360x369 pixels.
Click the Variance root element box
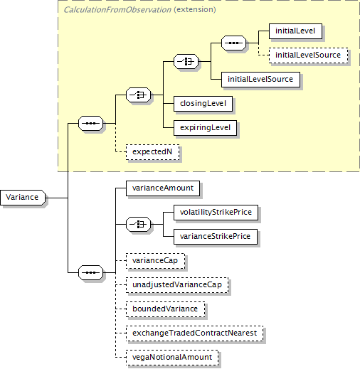[x=23, y=198]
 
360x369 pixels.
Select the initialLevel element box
[x=295, y=31]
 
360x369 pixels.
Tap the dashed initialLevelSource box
[x=308, y=55]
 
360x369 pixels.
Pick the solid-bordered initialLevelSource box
[x=260, y=80]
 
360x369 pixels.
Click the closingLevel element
[x=203, y=104]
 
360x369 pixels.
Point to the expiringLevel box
[x=205, y=128]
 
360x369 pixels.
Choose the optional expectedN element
[x=152, y=152]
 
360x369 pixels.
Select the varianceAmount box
[x=163, y=188]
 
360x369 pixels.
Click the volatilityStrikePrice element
[x=216, y=213]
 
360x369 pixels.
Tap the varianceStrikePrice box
[x=216, y=237]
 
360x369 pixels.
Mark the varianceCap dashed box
[x=155, y=261]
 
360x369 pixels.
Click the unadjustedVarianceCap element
[x=177, y=285]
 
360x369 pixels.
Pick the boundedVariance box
[x=165, y=309]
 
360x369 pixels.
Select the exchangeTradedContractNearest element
[x=195, y=333]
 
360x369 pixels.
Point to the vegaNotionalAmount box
[x=172, y=358]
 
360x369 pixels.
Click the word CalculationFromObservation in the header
[x=117, y=10]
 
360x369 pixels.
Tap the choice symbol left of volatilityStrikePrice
[x=138, y=224]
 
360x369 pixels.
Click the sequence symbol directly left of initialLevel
[x=233, y=43]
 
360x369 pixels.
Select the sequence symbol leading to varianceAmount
[x=91, y=272]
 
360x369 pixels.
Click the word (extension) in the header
[x=195, y=10]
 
